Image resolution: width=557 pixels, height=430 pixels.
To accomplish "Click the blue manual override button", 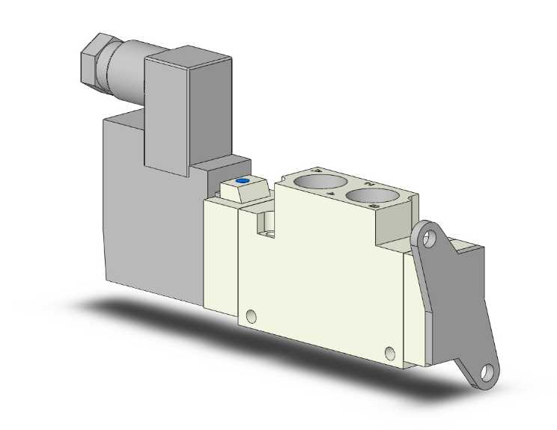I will pos(241,182).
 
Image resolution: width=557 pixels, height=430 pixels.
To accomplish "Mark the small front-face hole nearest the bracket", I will pos(389,352).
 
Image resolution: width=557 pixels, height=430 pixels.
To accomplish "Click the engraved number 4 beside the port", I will pos(317,169).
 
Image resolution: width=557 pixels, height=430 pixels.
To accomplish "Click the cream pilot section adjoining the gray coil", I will pos(221,247).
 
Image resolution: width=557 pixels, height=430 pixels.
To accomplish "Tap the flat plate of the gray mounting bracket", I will pos(449,299).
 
